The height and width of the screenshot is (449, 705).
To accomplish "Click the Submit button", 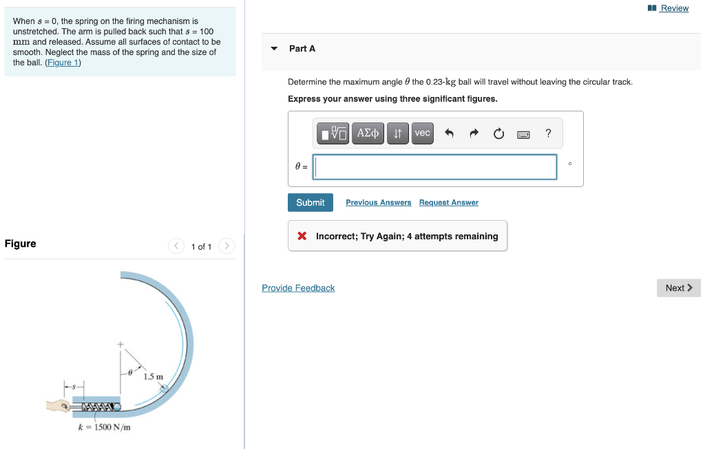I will coord(310,203).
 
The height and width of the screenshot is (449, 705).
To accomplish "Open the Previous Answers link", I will coord(378,203).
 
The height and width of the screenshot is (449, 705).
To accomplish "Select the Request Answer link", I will coord(448,203).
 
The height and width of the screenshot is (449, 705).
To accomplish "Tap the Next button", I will coord(678,288).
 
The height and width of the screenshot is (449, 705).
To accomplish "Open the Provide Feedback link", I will coord(298,288).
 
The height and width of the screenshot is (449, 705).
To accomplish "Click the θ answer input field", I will coord(435,167).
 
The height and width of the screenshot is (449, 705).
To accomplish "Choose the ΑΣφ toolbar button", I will coord(368,133).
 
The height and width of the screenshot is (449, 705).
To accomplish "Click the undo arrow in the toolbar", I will coord(450,133).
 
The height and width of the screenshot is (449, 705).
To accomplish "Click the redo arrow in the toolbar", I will coord(474,133).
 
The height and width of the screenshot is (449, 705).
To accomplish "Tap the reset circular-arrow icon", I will coord(498,133).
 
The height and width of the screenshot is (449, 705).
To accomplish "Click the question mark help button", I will coord(548,133).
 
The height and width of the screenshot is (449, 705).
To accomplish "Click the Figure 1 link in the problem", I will coord(63,63).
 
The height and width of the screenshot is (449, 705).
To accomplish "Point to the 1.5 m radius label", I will coord(154,376).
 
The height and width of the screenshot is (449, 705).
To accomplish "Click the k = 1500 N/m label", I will coord(105,427).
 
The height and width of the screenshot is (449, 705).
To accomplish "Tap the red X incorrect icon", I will coord(302,236).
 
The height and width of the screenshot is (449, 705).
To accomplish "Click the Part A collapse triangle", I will coord(274,49).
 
